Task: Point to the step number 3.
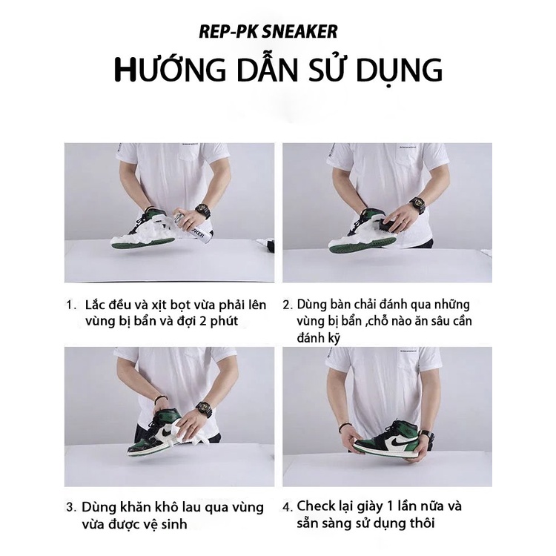[x=71, y=508]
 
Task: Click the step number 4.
[x=288, y=508]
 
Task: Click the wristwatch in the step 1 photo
[x=202, y=212]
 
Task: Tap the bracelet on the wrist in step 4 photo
[x=344, y=428]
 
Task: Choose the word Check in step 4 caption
[x=317, y=506]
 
